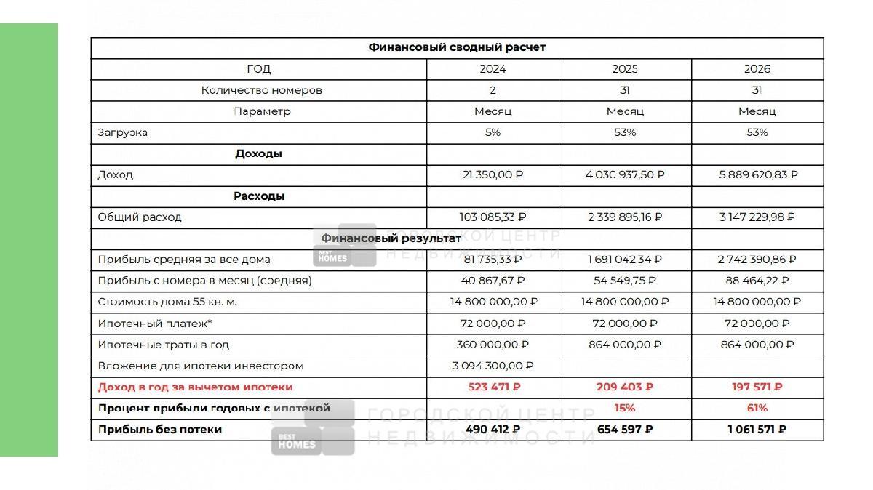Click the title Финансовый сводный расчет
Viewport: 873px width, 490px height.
457,47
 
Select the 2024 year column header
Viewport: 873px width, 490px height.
493,69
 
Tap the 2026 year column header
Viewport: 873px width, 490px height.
757,69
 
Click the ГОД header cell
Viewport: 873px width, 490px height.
258,69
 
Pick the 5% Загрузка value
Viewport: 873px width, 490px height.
493,132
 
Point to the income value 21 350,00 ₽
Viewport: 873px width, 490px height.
493,175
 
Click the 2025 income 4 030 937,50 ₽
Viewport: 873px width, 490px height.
625,175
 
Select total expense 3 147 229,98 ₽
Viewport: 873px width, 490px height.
757,217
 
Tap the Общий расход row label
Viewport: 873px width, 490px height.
140,217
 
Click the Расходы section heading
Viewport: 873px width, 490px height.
258,196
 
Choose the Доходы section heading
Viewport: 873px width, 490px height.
258,154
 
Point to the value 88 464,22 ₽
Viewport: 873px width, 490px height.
757,281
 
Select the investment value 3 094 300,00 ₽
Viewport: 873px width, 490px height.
493,366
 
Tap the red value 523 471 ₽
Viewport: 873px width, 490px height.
494,387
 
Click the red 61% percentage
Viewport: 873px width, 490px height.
757,408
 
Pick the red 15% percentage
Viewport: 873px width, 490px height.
625,408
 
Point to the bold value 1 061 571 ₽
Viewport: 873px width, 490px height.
757,430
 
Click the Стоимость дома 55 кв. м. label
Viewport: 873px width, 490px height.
167,302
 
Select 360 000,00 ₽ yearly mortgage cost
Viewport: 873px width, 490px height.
493,345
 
